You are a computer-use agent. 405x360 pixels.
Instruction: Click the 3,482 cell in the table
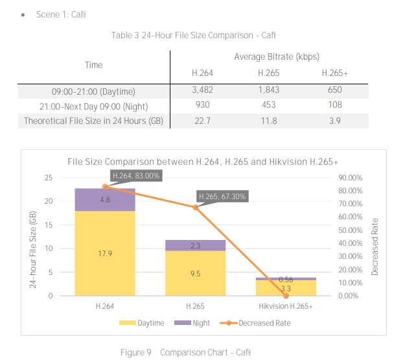pos(202,89)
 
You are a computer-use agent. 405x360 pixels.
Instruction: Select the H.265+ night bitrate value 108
pos(334,104)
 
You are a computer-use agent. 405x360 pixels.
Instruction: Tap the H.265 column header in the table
pos(268,73)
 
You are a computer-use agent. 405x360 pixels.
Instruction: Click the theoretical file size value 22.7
pos(202,121)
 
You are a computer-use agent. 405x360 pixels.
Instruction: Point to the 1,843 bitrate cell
pos(268,89)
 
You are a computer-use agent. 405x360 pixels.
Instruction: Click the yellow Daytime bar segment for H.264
pos(105,254)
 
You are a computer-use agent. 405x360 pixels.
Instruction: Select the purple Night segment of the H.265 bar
pos(195,246)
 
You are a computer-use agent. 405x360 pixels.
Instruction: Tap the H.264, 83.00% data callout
pos(136,175)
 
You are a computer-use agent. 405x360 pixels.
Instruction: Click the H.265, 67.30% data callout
pos(222,197)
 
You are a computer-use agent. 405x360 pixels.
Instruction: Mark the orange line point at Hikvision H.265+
pos(286,296)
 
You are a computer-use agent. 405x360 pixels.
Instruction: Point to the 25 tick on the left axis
pos(49,178)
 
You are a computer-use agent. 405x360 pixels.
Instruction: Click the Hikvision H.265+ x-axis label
pos(286,306)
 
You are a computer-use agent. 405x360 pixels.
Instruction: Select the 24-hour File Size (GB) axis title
pos(34,237)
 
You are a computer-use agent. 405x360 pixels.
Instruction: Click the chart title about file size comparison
pos(203,162)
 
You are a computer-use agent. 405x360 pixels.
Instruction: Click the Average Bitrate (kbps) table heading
pos(277,57)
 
